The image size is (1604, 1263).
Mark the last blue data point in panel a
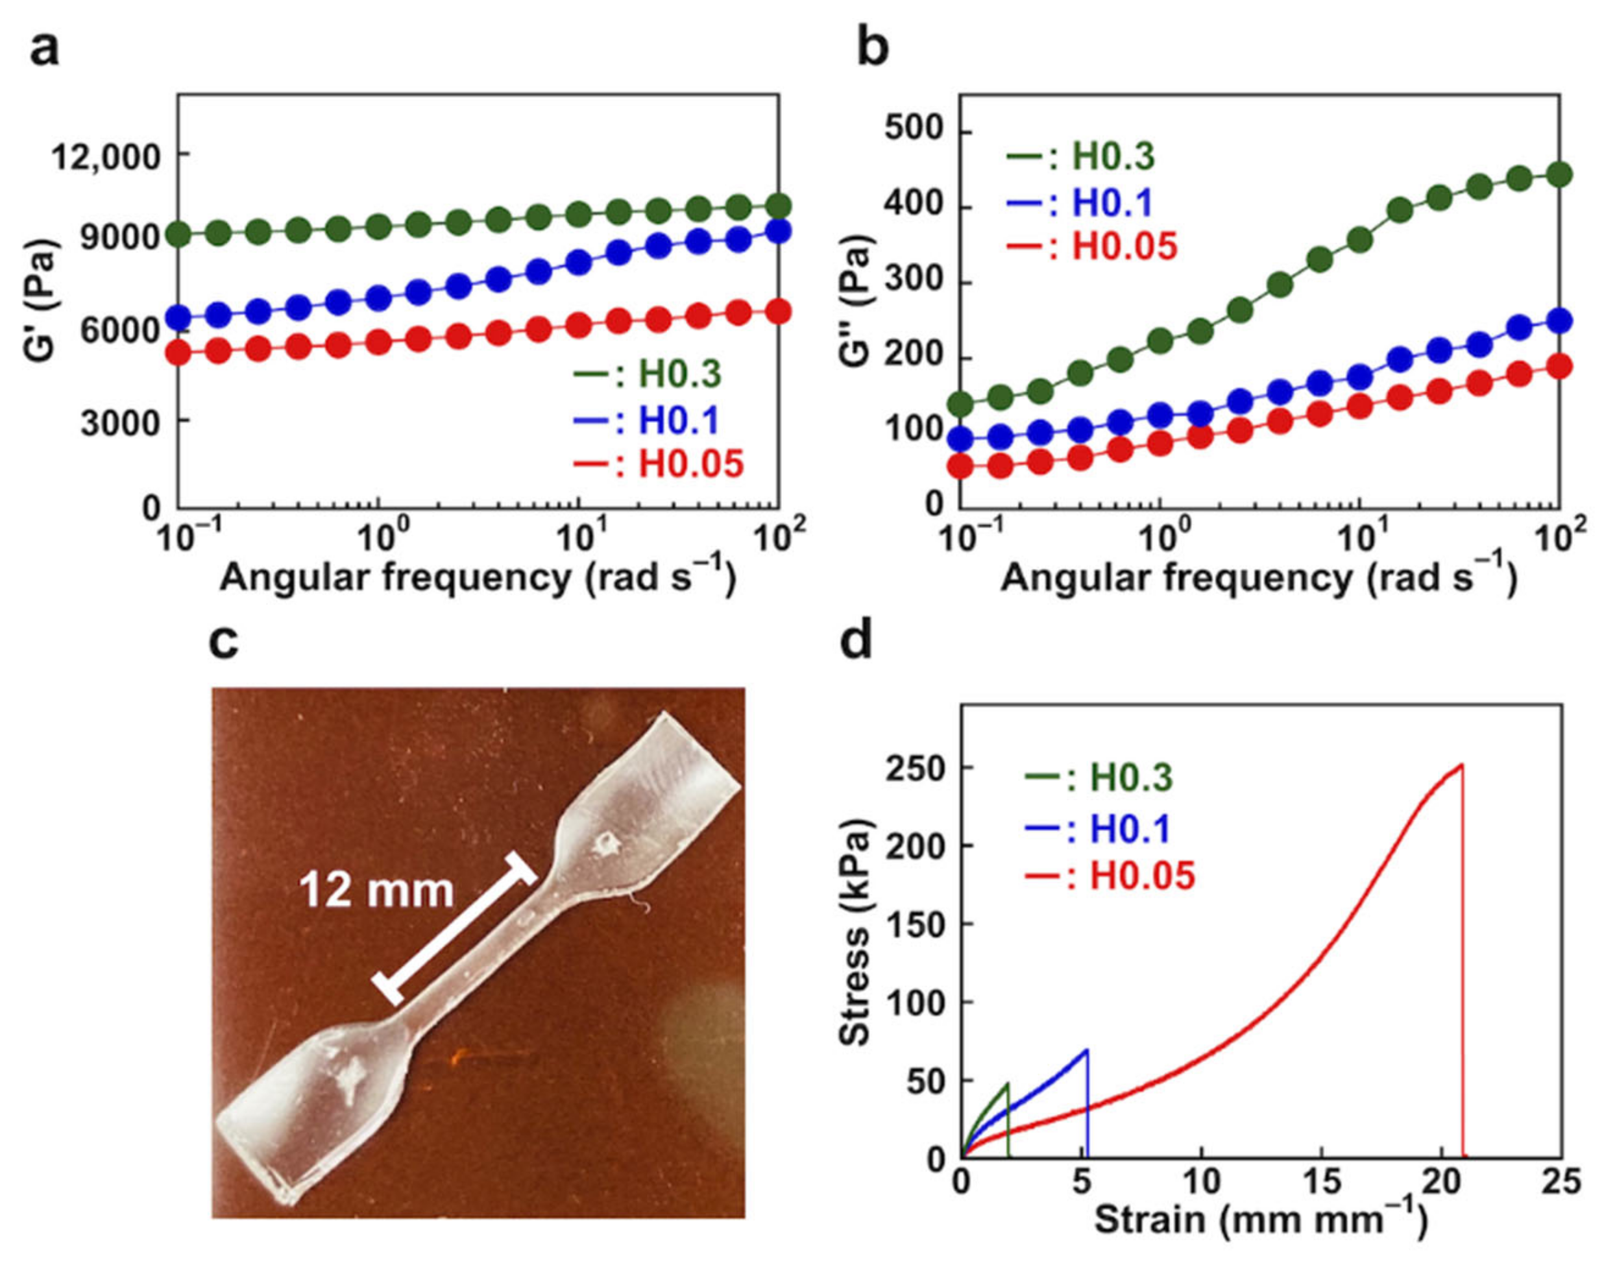click(x=778, y=232)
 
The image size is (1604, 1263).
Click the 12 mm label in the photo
click(x=376, y=891)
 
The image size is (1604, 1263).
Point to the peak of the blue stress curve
click(x=1086, y=1050)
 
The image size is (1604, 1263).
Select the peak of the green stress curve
click(x=1007, y=1084)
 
